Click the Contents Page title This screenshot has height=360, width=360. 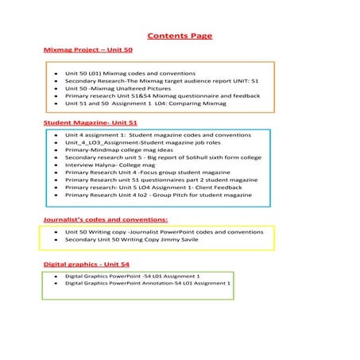point(180,36)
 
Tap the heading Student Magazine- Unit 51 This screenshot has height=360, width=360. point(90,124)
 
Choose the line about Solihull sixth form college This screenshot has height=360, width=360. point(163,157)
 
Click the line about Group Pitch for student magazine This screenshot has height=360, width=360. point(158,195)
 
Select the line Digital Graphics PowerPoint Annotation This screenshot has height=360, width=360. point(148,283)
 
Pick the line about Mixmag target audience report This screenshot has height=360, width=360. point(157,80)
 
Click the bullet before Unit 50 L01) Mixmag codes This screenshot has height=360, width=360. point(55,73)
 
